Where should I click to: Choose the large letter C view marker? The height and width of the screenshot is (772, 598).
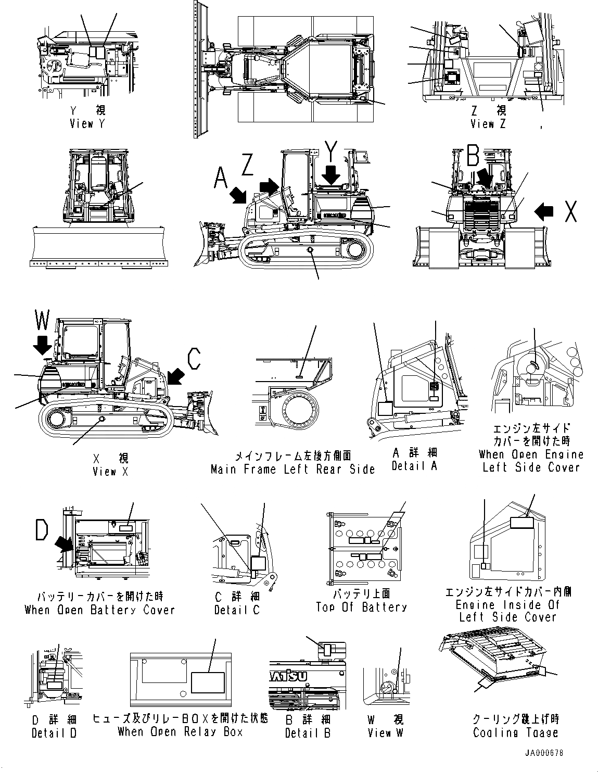(x=194, y=359)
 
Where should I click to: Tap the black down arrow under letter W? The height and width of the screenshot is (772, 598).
(x=42, y=345)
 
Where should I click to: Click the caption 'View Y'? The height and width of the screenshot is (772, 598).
(x=87, y=124)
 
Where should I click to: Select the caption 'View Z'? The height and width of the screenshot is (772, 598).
(x=488, y=124)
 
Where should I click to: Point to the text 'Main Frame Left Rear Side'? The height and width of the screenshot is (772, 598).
(x=292, y=469)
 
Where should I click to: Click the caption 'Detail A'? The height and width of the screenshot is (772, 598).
(x=414, y=466)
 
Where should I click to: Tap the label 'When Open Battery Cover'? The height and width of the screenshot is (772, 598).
(x=100, y=610)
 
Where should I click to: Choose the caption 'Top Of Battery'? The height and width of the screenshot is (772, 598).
(x=361, y=607)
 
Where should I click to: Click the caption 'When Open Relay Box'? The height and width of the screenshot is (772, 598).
(x=180, y=731)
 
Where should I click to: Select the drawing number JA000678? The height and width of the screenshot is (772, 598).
(x=544, y=753)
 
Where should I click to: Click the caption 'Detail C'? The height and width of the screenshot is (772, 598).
(x=237, y=610)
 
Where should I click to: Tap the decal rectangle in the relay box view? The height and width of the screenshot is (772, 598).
(x=208, y=682)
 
